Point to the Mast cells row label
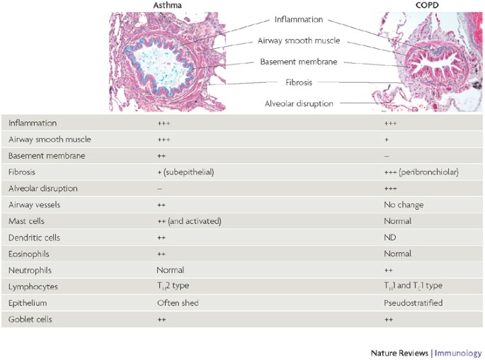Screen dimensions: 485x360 [26, 221]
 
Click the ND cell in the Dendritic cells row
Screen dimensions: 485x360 [389, 237]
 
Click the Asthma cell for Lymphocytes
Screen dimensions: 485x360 [173, 286]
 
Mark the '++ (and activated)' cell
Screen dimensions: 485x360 [189, 221]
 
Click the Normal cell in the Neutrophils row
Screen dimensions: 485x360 [170, 270]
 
